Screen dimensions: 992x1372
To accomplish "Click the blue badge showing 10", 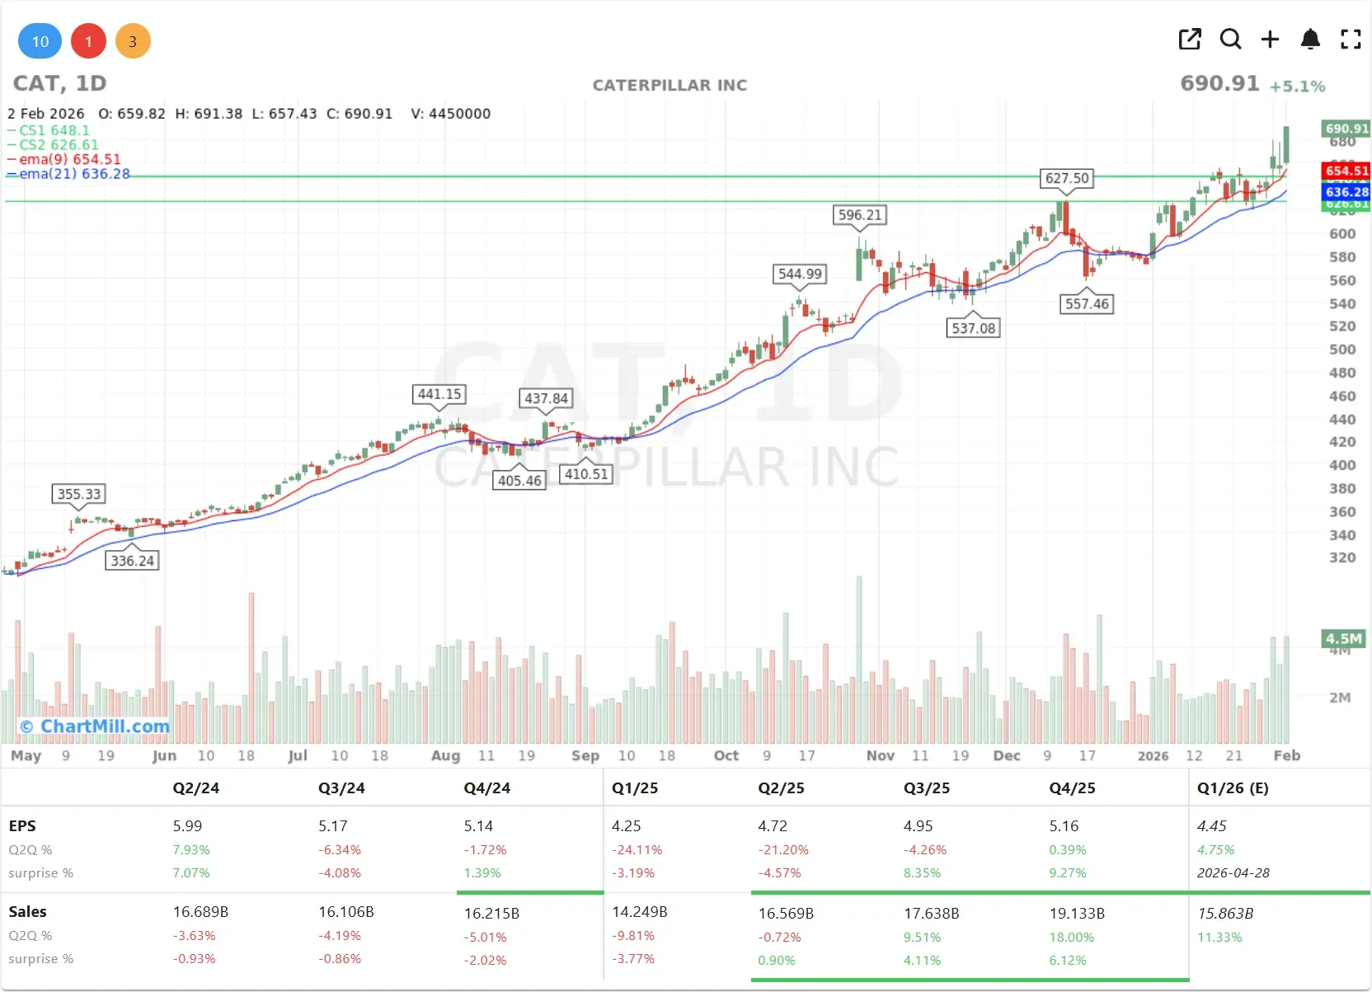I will coord(40,41).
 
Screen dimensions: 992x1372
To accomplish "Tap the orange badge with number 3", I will coord(133,41).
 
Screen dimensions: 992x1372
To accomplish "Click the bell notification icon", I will coord(1310,39).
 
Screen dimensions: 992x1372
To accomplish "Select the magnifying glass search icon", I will coord(1230,39).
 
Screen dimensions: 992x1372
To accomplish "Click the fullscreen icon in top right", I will coord(1351,39).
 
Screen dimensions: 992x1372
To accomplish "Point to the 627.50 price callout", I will coord(1067,178).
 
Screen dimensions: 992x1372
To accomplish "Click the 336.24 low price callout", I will coord(133,561).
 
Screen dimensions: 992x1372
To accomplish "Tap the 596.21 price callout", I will coord(860,215).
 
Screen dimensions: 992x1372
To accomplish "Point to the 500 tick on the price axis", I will coord(1342,350).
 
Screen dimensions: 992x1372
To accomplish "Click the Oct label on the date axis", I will coord(726,755).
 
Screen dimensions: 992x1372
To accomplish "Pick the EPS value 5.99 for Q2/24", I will coord(188,825).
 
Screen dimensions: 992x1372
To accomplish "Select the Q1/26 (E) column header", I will coord(1233,787).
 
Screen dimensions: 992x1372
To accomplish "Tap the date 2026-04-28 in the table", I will coord(1233,872).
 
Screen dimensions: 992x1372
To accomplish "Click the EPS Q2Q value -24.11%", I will coord(637,849).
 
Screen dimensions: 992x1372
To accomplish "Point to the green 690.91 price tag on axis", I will coord(1346,129).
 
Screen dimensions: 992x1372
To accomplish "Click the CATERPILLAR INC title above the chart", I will coord(670,85).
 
